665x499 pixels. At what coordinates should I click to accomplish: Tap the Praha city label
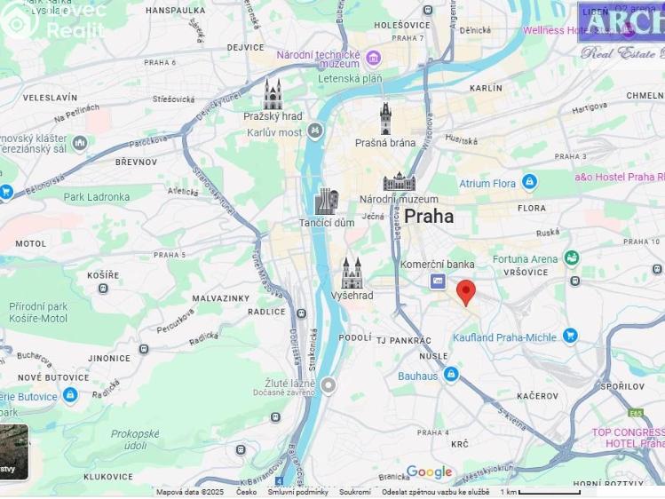point(429,217)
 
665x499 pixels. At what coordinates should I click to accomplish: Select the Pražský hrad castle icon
point(273,94)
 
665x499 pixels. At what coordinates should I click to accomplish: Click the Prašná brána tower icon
point(385,119)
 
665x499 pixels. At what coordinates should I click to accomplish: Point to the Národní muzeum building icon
point(399,182)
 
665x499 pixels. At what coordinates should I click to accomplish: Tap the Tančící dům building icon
point(326,202)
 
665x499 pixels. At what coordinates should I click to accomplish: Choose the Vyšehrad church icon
point(352,273)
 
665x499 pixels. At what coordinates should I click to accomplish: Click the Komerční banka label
point(437,264)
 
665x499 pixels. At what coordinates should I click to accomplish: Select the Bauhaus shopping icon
point(451,375)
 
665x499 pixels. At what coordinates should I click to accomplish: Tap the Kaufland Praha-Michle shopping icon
point(570,336)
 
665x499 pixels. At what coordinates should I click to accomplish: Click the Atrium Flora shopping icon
point(529,182)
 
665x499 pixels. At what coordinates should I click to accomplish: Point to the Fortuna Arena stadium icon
point(571,258)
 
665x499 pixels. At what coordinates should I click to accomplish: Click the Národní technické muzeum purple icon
point(373,59)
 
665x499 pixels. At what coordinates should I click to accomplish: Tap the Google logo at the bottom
point(429,472)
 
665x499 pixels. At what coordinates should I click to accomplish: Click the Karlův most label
point(274,133)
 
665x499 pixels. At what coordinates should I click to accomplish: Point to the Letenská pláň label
point(350,79)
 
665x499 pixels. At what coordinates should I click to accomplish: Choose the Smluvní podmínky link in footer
point(298,492)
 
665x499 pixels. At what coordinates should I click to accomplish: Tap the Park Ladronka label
point(96,197)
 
